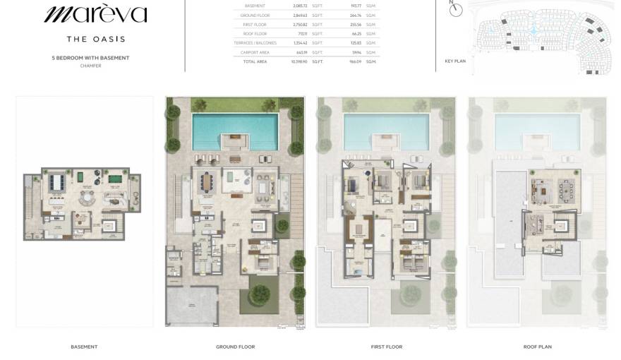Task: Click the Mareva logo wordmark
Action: [x=96, y=14]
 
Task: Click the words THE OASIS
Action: [x=96, y=39]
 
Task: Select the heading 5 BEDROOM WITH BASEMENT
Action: [x=90, y=58]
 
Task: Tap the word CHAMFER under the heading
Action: [x=90, y=66]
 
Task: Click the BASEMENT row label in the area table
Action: [x=255, y=6]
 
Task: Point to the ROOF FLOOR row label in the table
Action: [x=255, y=33]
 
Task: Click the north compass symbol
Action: [x=456, y=9]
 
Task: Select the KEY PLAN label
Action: [x=455, y=61]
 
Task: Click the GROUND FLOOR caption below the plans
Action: [x=235, y=347]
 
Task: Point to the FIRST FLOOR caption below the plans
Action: [x=387, y=347]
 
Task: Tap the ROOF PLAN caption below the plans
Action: [x=538, y=347]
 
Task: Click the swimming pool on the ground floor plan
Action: [x=235, y=130]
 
